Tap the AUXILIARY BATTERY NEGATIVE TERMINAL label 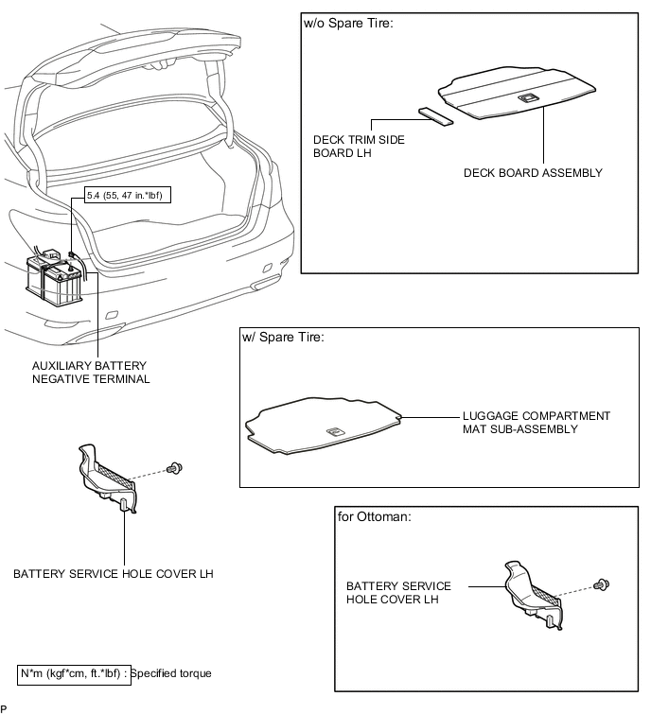click(x=91, y=372)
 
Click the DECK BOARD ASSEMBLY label click(x=533, y=173)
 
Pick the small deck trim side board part click(x=436, y=115)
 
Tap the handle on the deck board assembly click(x=527, y=97)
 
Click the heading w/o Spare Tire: click(x=348, y=23)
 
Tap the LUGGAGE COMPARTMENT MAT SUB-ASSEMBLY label click(x=536, y=422)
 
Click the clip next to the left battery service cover click(x=175, y=467)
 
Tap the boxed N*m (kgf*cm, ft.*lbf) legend click(x=74, y=673)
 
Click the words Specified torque click(x=171, y=673)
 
